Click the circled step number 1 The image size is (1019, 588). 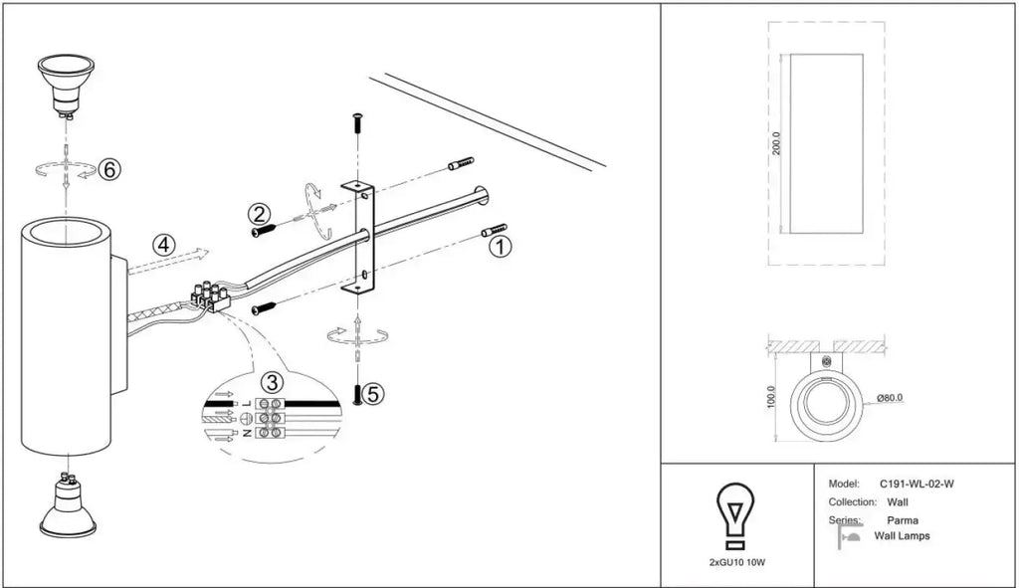[501, 247]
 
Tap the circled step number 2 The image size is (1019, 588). [259, 214]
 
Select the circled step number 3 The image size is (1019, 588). [273, 381]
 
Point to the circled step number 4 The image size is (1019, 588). [164, 245]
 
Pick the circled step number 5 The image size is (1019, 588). [373, 393]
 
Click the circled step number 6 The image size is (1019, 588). [109, 169]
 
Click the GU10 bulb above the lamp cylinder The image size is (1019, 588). [66, 86]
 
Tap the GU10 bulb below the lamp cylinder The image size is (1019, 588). [68, 504]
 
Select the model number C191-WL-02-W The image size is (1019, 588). [917, 485]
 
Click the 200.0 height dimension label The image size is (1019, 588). [776, 143]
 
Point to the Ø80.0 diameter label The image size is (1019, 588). [890, 398]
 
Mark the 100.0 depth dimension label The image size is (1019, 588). [771, 397]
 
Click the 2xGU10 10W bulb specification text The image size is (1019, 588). [737, 562]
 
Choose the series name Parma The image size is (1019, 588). [903, 520]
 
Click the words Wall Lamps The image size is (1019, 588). [902, 536]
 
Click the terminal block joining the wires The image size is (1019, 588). [211, 295]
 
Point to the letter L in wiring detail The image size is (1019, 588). [247, 404]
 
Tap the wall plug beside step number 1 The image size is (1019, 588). [494, 230]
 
